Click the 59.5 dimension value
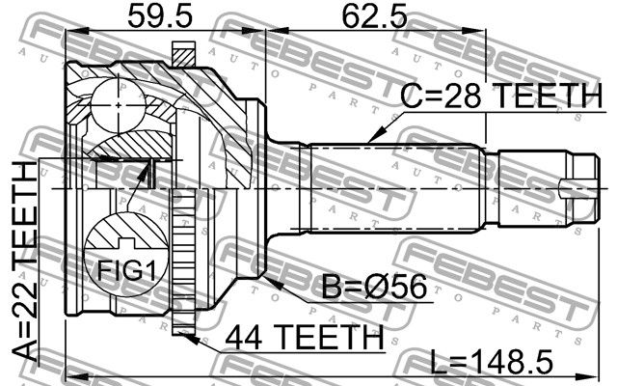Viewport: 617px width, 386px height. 160,16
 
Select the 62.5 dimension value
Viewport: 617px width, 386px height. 374,16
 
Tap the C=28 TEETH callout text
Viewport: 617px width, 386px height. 501,96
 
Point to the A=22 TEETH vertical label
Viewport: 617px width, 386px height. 25,261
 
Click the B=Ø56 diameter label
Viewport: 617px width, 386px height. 374,287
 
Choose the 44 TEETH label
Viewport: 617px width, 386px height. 305,337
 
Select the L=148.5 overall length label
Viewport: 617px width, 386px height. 492,362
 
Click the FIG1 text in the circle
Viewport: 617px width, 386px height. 126,270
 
